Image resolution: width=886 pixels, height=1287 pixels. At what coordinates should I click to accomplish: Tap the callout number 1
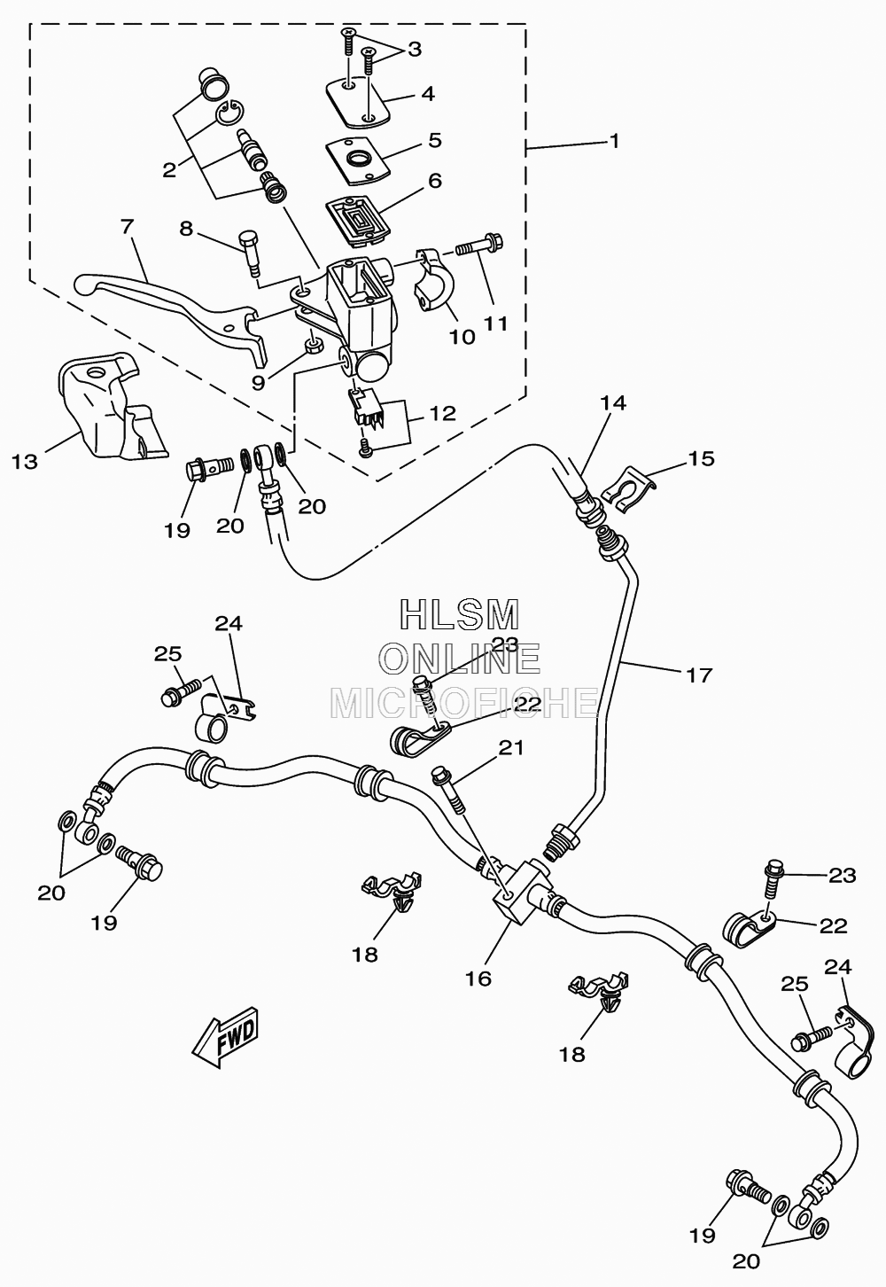614,141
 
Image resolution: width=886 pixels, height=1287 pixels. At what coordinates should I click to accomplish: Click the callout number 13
24,462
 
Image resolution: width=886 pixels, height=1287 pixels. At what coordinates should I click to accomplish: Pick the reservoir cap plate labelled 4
356,102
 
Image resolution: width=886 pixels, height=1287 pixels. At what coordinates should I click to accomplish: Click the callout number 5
435,140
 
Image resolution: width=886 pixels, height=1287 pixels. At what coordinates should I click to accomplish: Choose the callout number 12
443,414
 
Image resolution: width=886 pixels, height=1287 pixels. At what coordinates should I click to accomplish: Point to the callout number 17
699,675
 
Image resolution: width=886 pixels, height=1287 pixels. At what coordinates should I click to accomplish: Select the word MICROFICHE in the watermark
464,703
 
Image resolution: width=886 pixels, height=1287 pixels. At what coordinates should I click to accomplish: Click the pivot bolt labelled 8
250,254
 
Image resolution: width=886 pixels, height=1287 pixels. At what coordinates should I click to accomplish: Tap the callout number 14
613,402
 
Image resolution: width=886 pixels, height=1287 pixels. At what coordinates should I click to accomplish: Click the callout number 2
169,170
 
